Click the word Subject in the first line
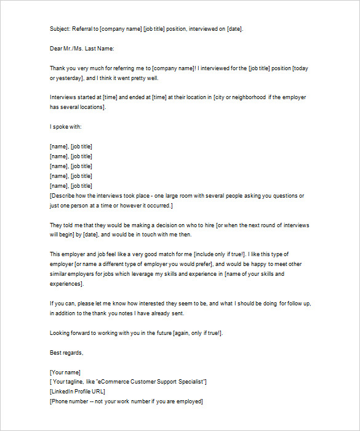pyautogui.click(x=60, y=28)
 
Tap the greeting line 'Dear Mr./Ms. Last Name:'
pyautogui.click(x=82, y=48)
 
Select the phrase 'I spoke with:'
pyautogui.click(x=65, y=126)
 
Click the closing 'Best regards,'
pyautogui.click(x=66, y=352)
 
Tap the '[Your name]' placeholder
pyautogui.click(x=65, y=372)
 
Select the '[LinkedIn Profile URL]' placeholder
pyautogui.click(x=78, y=392)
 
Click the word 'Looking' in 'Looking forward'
pyautogui.click(x=60, y=332)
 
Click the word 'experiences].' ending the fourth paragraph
pyautogui.click(x=66, y=284)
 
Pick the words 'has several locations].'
pyautogui.click(x=78, y=107)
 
